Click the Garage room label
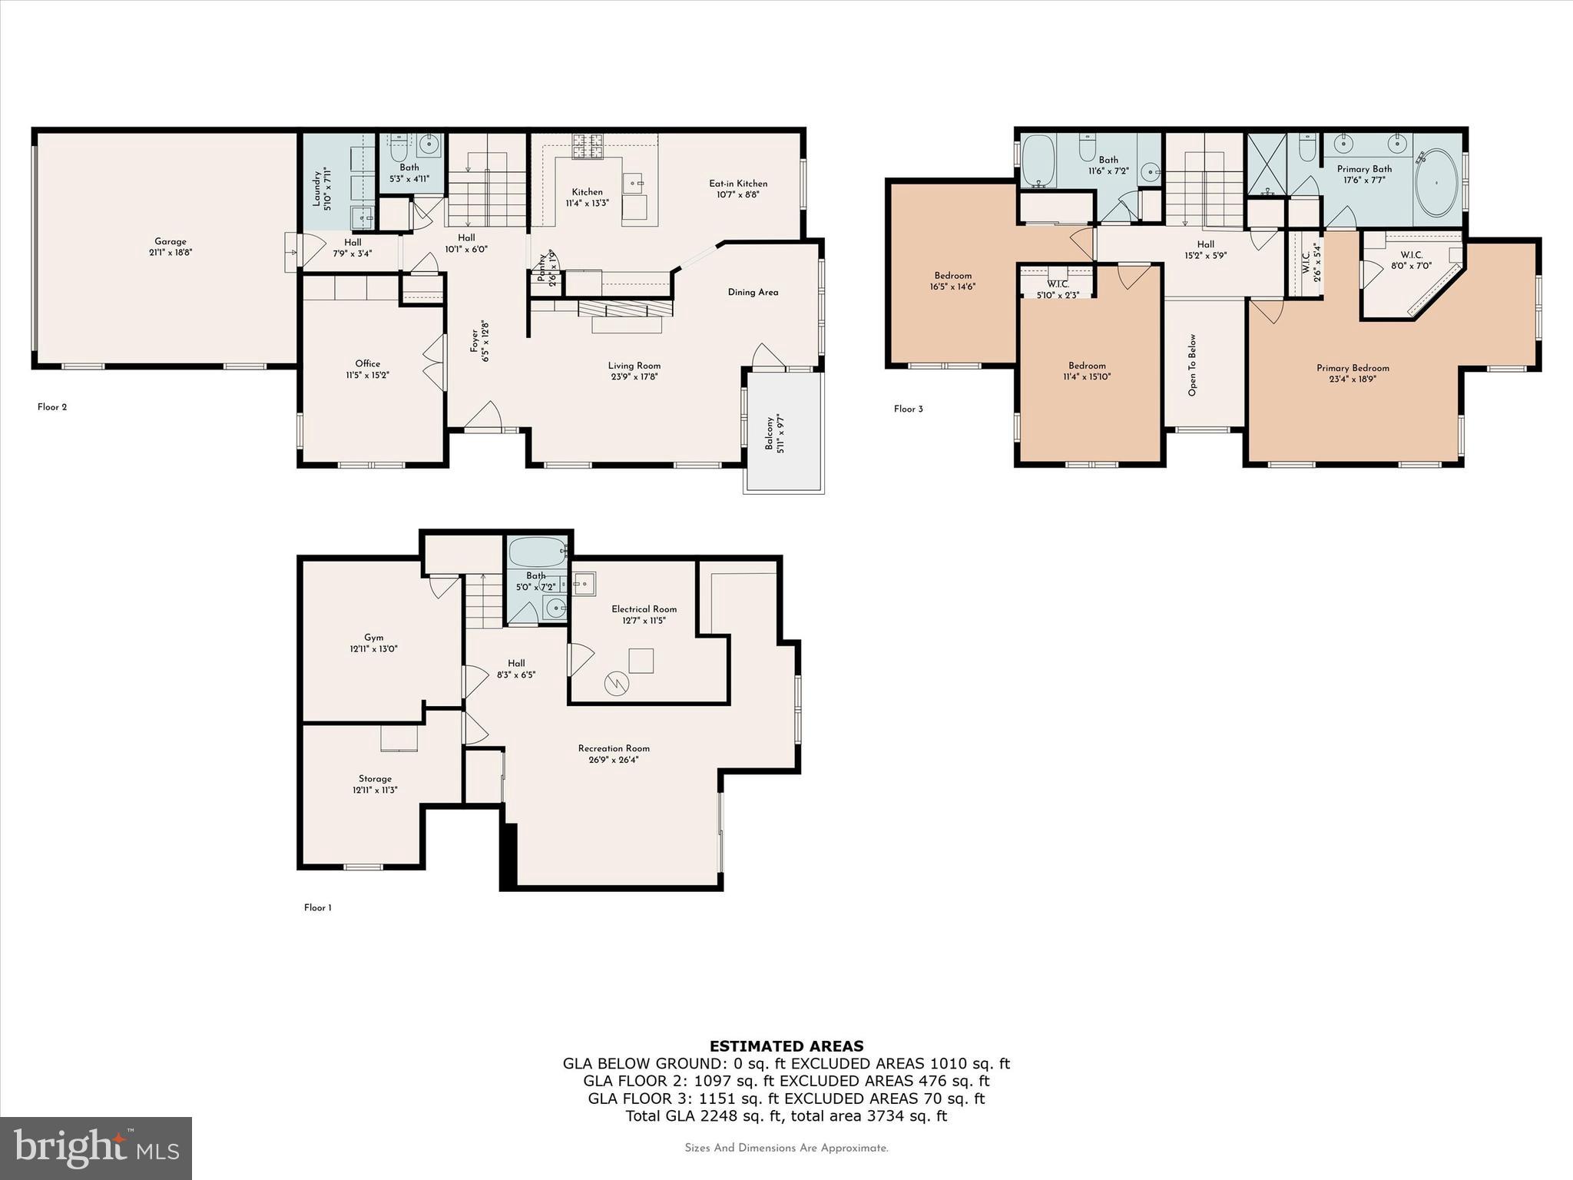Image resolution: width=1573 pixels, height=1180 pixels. pyautogui.click(x=170, y=241)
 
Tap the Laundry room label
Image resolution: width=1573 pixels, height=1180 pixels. pyautogui.click(x=316, y=189)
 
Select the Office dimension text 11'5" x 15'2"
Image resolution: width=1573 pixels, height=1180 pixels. pyautogui.click(x=367, y=375)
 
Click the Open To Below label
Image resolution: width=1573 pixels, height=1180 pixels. pyautogui.click(x=1192, y=364)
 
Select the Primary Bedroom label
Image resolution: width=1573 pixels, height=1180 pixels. pyautogui.click(x=1353, y=368)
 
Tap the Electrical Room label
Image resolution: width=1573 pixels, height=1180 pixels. pyautogui.click(x=644, y=609)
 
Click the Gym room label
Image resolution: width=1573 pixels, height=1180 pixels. pyautogui.click(x=373, y=637)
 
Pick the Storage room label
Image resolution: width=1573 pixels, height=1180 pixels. pyautogui.click(x=375, y=778)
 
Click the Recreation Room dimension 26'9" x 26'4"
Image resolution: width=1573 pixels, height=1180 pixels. pyautogui.click(x=614, y=760)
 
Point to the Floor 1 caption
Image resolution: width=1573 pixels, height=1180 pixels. pyautogui.click(x=317, y=907)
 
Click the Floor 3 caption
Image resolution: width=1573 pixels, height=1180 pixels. pyautogui.click(x=908, y=409)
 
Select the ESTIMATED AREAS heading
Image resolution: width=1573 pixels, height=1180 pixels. pyautogui.click(x=786, y=1046)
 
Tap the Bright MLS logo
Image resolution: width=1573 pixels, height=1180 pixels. pyautogui.click(x=96, y=1148)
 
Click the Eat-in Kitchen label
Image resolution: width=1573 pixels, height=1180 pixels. pyautogui.click(x=737, y=184)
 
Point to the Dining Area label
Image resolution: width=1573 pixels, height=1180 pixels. pyautogui.click(x=753, y=292)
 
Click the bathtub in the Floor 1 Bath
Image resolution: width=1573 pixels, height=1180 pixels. pyautogui.click(x=536, y=552)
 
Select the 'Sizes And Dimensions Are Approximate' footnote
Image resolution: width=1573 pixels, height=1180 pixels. pyautogui.click(x=786, y=1148)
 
